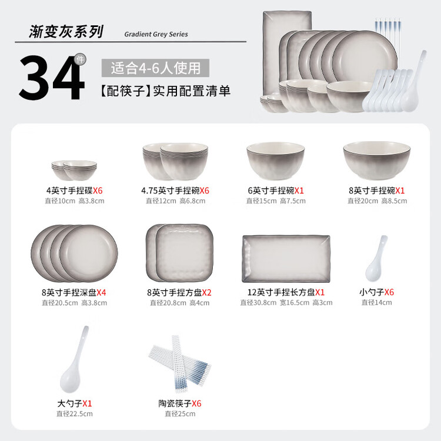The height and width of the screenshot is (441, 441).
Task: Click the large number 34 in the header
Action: click(52, 78)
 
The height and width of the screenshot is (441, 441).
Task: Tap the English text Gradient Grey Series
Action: click(156, 34)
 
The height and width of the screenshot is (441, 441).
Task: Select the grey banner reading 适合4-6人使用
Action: click(155, 68)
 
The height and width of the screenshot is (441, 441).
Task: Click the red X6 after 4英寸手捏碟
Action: click(98, 191)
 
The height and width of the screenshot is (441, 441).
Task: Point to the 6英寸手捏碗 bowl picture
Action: click(276, 161)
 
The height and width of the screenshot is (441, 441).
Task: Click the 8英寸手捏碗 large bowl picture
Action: click(377, 161)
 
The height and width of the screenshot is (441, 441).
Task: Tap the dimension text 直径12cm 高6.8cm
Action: click(175, 201)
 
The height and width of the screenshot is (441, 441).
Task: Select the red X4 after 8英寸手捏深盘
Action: click(101, 292)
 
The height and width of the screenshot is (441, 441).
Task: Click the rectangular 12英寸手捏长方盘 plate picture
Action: click(286, 259)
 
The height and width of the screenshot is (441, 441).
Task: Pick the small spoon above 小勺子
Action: click(376, 259)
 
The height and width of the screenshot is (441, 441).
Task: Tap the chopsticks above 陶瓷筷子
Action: click(180, 363)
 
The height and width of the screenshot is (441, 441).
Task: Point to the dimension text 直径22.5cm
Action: click(75, 414)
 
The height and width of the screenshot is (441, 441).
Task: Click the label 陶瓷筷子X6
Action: click(180, 403)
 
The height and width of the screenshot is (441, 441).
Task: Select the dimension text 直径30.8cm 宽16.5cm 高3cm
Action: click(286, 303)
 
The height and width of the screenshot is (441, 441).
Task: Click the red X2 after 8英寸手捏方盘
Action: click(207, 292)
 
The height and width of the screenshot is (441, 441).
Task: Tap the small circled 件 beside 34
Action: click(80, 59)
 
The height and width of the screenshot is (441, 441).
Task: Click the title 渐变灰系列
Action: click(66, 31)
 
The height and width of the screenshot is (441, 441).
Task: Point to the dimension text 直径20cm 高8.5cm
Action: click(377, 201)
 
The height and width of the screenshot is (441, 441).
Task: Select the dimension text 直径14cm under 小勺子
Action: click(376, 302)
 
